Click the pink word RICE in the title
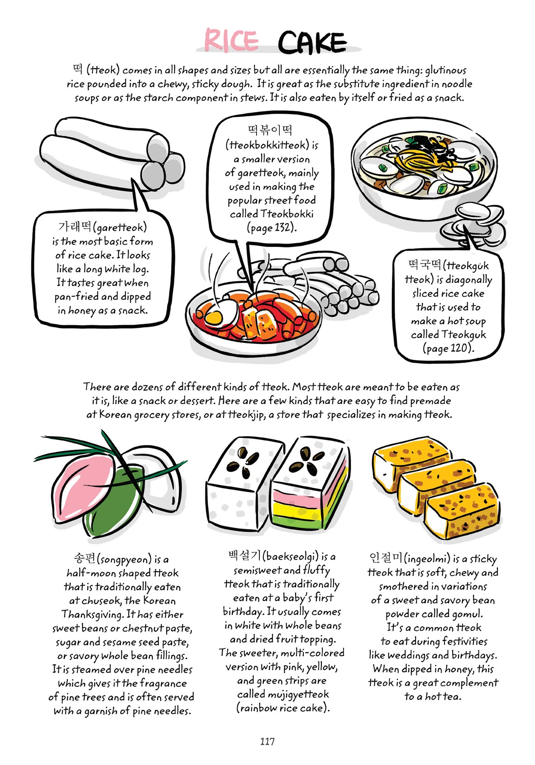pos(231,40)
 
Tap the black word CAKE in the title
pos(312,43)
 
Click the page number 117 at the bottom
pos(267,741)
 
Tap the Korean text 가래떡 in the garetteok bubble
pos(75,226)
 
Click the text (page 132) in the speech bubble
pos(272,227)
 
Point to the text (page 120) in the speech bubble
pos(448,348)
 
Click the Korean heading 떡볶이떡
pos(270,130)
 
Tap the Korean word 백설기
pos(244,555)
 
